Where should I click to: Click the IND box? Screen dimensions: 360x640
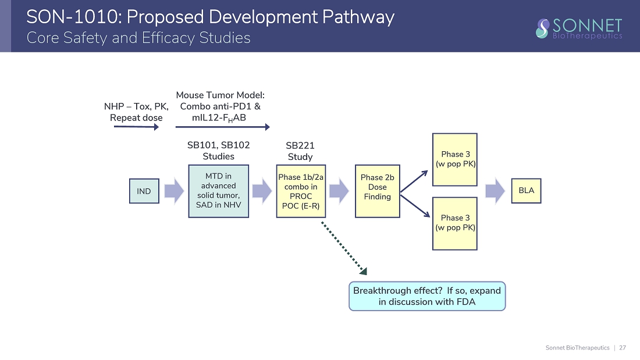[x=144, y=191]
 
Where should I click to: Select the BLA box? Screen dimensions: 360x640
[x=526, y=191]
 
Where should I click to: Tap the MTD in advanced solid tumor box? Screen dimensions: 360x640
[x=219, y=191]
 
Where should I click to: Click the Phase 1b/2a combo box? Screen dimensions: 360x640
[x=301, y=191]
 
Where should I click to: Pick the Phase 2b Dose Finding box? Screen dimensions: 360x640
[x=378, y=191]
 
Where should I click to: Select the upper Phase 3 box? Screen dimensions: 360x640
[x=455, y=159]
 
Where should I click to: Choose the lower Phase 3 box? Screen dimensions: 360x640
[x=455, y=223]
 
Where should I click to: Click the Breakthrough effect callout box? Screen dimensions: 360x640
[x=427, y=296]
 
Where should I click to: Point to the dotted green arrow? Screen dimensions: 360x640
[x=345, y=247]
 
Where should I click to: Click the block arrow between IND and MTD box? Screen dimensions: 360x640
[x=174, y=191]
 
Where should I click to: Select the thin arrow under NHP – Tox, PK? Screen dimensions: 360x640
[x=136, y=126]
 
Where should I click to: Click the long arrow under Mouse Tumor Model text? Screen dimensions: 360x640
[x=223, y=126]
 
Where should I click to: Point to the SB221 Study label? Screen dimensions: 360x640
[x=300, y=151]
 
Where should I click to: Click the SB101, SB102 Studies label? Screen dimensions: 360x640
[x=219, y=151]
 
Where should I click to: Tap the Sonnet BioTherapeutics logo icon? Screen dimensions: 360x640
[x=543, y=27]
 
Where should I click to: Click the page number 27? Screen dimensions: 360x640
[x=623, y=348]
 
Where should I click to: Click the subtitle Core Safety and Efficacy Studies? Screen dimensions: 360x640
[x=138, y=38]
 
